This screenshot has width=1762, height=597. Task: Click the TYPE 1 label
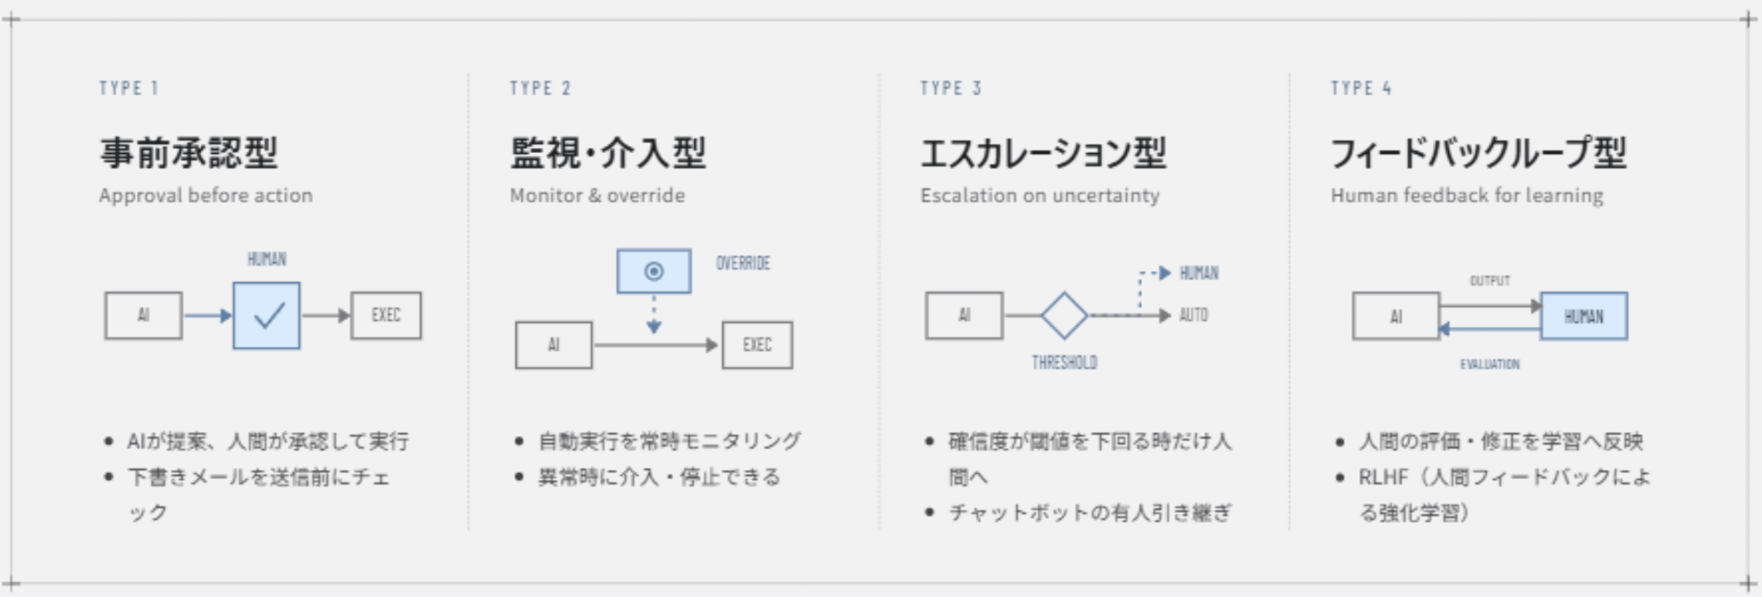tap(129, 88)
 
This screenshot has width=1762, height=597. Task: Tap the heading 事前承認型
tap(188, 152)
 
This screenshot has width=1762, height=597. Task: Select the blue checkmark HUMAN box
tap(267, 316)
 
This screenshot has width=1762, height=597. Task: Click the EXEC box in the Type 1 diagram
tap(386, 316)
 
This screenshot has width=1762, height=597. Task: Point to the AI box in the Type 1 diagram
tap(144, 316)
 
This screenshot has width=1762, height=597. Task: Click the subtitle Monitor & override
tap(597, 195)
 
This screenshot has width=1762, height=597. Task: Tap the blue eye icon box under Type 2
tap(654, 272)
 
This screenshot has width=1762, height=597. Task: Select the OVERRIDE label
tap(743, 263)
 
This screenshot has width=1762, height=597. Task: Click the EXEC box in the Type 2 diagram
tap(757, 345)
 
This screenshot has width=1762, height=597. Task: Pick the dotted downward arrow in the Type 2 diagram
tap(654, 314)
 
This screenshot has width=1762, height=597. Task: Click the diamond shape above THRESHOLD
tap(1064, 316)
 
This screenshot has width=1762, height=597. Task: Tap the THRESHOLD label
tap(1064, 363)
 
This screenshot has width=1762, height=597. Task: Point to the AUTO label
tap(1193, 316)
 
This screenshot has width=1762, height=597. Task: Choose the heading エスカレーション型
tap(1044, 152)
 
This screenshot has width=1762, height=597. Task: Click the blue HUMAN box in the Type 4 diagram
tap(1584, 317)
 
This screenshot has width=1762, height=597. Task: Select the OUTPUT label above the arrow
tap(1490, 281)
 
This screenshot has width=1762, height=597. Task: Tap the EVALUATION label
tap(1490, 365)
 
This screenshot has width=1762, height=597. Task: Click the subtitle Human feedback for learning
tap(1467, 195)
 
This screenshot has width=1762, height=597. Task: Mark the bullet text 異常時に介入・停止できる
tap(659, 477)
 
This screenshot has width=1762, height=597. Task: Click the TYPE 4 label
tap(1361, 88)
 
